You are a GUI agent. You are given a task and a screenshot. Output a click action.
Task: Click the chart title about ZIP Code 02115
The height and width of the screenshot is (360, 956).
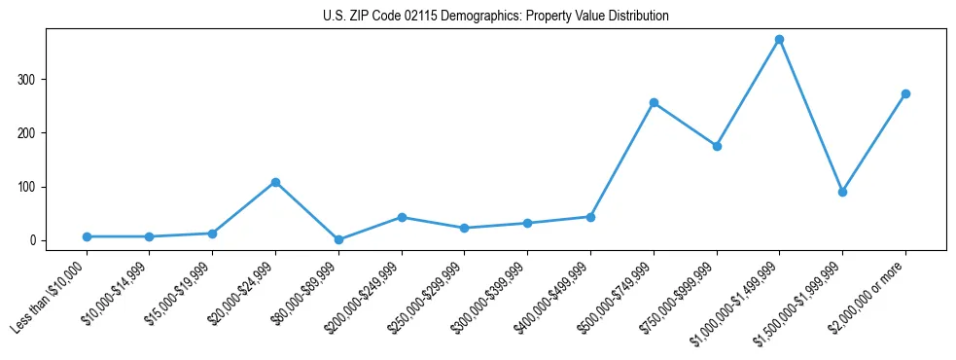pos(496,17)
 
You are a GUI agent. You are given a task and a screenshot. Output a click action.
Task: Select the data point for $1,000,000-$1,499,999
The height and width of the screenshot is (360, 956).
pos(779,40)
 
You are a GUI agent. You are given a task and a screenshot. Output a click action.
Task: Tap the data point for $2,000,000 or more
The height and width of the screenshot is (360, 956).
pos(905,94)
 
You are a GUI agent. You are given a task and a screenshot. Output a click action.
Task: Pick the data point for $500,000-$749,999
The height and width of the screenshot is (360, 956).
pos(654,102)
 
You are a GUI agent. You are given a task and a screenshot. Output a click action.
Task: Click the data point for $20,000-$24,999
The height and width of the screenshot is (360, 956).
pos(275,182)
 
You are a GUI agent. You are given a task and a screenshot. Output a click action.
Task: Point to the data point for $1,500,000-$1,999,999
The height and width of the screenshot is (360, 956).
pos(842,192)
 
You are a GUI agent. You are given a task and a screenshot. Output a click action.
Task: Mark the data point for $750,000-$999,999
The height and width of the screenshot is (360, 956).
pos(717,146)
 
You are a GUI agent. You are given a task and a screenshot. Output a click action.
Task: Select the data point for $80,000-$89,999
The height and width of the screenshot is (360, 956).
pos(338,239)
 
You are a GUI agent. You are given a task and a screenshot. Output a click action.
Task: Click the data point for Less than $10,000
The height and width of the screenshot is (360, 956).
pos(87,236)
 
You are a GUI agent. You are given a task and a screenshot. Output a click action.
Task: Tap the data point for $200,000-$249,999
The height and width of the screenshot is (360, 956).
pos(402,217)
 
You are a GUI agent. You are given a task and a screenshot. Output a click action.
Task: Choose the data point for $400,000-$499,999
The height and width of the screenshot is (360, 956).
pos(590,217)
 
